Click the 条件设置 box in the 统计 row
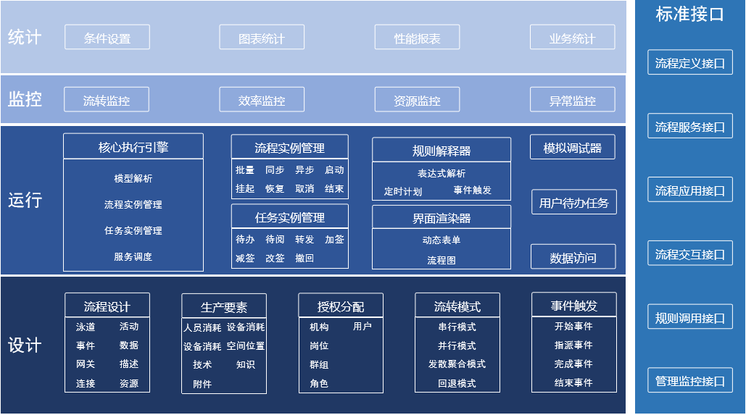pyautogui.click(x=107, y=38)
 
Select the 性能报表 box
pyautogui.click(x=417, y=38)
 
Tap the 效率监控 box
pyautogui.click(x=262, y=100)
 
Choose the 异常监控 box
pyautogui.click(x=572, y=100)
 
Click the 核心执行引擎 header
pyautogui.click(x=133, y=147)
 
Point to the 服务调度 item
pyautogui.click(x=133, y=256)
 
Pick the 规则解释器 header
pyautogui.click(x=442, y=150)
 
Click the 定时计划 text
pyautogui.click(x=403, y=191)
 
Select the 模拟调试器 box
pyautogui.click(x=572, y=147)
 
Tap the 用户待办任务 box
pyautogui.click(x=573, y=203)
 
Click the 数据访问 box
pyautogui.click(x=573, y=257)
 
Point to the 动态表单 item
pyautogui.click(x=442, y=240)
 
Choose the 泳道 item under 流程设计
pyautogui.click(x=86, y=327)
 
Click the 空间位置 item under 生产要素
pyautogui.click(x=246, y=346)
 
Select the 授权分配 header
pyautogui.click(x=341, y=306)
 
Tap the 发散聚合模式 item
pyautogui.click(x=457, y=364)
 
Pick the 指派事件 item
pyautogui.click(x=573, y=345)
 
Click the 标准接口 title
pyautogui.click(x=689, y=14)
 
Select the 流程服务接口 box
pyautogui.click(x=689, y=127)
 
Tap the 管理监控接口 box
pyautogui.click(x=689, y=381)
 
